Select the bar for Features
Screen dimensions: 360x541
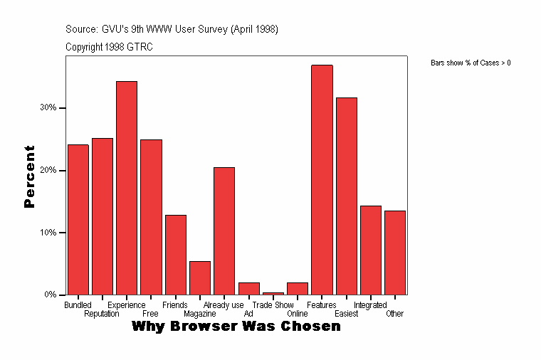[322, 179]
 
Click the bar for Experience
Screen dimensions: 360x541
[127, 188]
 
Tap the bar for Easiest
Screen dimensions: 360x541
[347, 196]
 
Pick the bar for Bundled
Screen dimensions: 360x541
[78, 219]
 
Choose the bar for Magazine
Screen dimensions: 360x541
[200, 277]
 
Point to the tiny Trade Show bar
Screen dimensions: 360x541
[273, 293]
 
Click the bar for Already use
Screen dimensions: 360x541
[224, 231]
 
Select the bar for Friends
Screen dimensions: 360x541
[176, 255]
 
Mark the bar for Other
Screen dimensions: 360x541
[395, 253]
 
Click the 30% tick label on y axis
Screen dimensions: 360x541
[48, 108]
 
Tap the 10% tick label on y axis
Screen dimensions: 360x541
[48, 233]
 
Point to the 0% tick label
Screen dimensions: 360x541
[51, 295]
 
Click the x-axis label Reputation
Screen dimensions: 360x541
[101, 314]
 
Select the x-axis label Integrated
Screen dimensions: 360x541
[370, 305]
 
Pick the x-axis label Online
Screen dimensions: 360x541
[298, 314]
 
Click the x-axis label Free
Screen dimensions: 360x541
[150, 314]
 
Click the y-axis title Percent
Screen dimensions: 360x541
[29, 176]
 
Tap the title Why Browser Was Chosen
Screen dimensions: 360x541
[236, 327]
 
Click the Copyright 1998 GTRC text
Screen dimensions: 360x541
[109, 47]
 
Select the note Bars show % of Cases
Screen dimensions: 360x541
[471, 63]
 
